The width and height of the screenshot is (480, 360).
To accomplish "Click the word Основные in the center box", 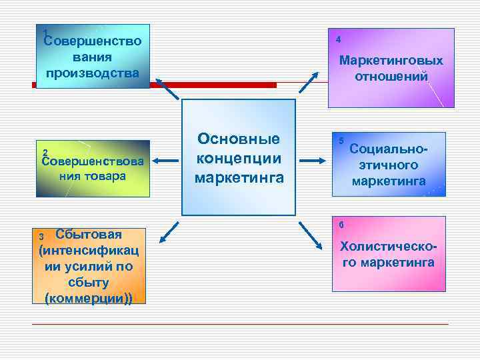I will (239, 140).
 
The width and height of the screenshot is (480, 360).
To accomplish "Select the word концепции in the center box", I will (239, 159).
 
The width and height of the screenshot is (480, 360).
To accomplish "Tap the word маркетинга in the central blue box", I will (239, 178).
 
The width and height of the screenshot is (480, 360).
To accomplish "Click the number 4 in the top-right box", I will (339, 40).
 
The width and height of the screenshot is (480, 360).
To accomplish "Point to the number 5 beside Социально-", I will (341, 141).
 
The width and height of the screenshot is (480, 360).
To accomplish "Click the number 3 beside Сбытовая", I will (41, 237).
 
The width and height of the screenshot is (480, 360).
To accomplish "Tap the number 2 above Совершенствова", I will (45, 151).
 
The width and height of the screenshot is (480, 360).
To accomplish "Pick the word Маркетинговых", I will (391, 61).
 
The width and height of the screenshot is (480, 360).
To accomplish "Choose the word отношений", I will (391, 77).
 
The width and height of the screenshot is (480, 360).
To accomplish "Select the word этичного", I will (389, 164).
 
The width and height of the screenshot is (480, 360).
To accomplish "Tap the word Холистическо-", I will (389, 247).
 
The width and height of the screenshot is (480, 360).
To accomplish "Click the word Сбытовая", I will (89, 234).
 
